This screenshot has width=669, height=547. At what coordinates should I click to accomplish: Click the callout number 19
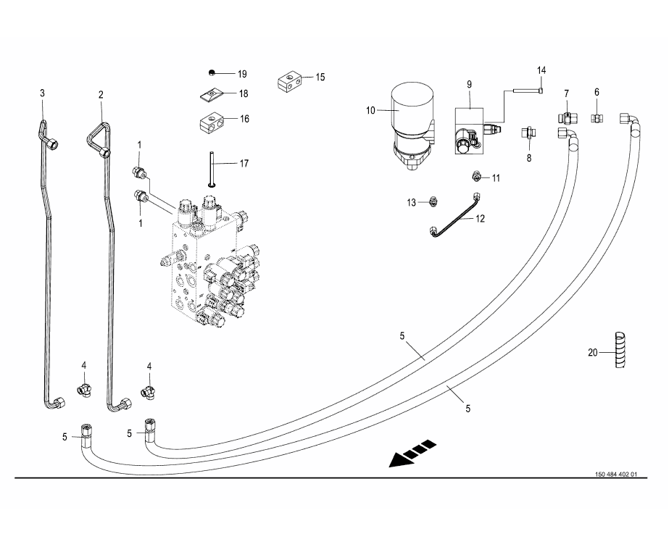242,74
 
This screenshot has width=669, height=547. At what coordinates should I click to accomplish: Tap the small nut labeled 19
209,72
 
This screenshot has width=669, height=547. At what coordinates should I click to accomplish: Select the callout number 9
469,85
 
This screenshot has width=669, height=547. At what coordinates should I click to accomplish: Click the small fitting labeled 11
475,176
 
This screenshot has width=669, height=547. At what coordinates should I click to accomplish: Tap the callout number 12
481,217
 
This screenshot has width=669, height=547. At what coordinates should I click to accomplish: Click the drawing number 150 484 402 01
615,475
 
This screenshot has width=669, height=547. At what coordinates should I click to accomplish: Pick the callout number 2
101,95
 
